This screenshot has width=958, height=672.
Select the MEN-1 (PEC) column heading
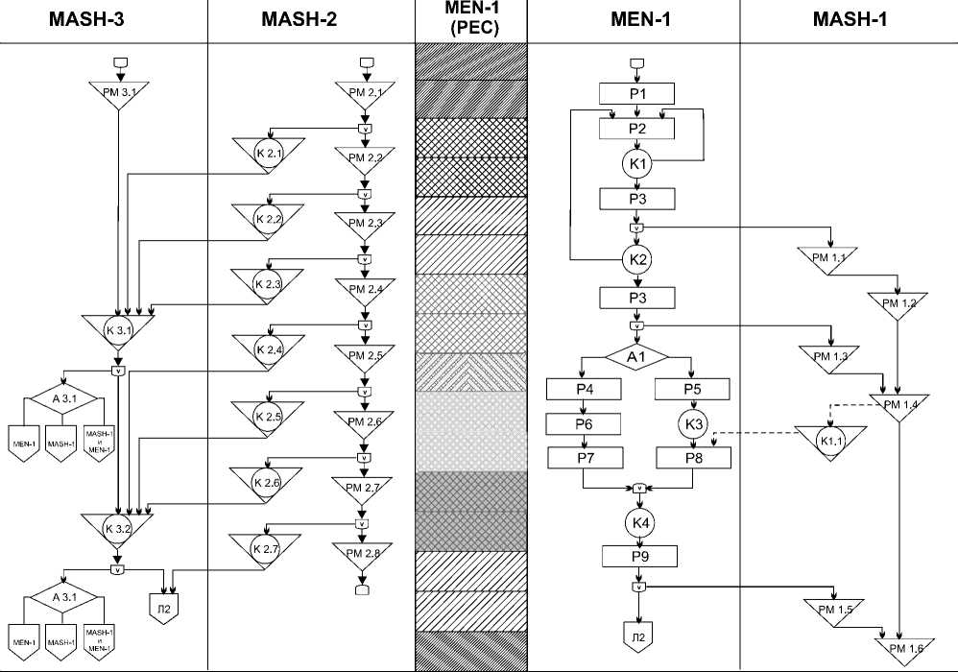(x=470, y=20)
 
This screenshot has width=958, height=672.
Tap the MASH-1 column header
(x=849, y=20)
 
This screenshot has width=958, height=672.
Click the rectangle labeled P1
(x=638, y=93)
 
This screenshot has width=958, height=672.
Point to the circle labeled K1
(x=638, y=163)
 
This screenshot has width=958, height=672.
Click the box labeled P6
(x=584, y=423)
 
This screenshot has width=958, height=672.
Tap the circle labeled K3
(x=693, y=423)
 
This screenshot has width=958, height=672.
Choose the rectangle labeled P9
(x=638, y=556)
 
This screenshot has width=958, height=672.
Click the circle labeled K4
(x=638, y=523)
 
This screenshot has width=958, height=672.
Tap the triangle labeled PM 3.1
(x=119, y=93)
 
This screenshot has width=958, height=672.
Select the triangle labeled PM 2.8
(x=362, y=553)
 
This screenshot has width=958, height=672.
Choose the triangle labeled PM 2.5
(x=364, y=355)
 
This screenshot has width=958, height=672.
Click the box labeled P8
(x=693, y=457)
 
